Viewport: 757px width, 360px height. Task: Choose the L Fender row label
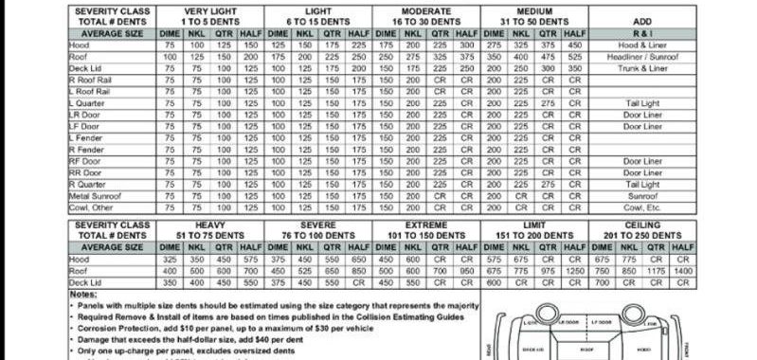(86, 138)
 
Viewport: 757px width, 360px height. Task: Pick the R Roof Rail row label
(90, 81)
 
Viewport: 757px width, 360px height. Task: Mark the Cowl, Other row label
(91, 207)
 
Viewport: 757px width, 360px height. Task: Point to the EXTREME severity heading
(426, 224)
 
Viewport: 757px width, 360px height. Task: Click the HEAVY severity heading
(210, 224)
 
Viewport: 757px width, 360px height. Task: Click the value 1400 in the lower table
(682, 270)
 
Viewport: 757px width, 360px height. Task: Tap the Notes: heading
(83, 294)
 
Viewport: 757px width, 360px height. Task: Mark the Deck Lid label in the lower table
(86, 281)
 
